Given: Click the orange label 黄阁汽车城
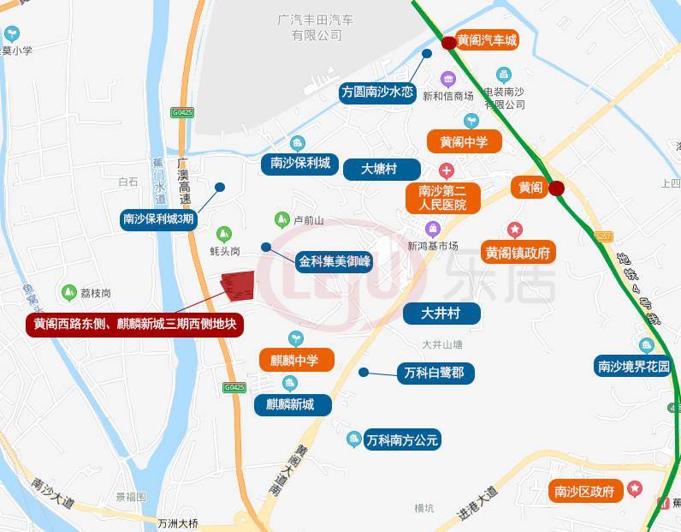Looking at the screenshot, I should [x=486, y=40].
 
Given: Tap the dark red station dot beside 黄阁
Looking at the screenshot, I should [x=557, y=188].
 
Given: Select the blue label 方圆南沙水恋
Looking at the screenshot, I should [x=377, y=92].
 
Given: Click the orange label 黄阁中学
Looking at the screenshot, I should [x=464, y=142].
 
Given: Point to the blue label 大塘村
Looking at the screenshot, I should [x=382, y=169].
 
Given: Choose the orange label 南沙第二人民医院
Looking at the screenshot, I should [x=442, y=198].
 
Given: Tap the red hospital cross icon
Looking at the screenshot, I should [x=446, y=171].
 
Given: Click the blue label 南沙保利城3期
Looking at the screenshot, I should [x=159, y=219].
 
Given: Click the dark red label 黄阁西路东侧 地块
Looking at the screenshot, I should [x=135, y=325].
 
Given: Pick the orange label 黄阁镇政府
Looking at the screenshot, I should [x=518, y=253].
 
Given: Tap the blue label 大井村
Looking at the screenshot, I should [x=441, y=314].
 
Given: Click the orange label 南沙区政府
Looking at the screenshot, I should [x=585, y=492].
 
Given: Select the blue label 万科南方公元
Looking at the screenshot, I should [x=401, y=440].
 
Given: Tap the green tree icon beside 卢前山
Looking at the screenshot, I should [x=281, y=220].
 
